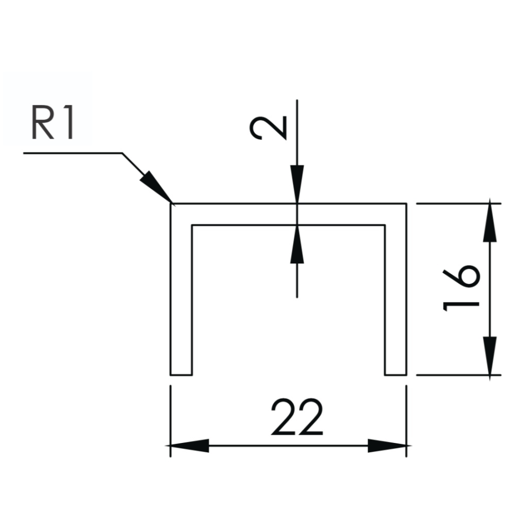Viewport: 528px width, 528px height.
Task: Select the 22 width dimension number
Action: point(297,417)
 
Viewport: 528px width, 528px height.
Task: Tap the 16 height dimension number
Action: point(461,289)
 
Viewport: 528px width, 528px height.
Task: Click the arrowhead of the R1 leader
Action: point(155,186)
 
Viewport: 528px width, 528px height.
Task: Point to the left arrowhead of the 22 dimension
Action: point(189,445)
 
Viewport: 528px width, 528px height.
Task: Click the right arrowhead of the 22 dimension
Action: point(387,445)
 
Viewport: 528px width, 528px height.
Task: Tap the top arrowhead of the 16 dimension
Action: point(490,222)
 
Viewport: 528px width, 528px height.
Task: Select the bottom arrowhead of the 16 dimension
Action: point(490,356)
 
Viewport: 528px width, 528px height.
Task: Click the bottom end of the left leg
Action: point(181,374)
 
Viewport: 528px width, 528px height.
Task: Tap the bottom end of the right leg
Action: point(395,374)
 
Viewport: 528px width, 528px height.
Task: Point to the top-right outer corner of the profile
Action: point(406,204)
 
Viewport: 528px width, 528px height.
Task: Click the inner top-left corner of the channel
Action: point(192,225)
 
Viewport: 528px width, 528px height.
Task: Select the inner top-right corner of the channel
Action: point(385,225)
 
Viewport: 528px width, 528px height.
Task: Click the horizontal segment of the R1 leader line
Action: point(72,153)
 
